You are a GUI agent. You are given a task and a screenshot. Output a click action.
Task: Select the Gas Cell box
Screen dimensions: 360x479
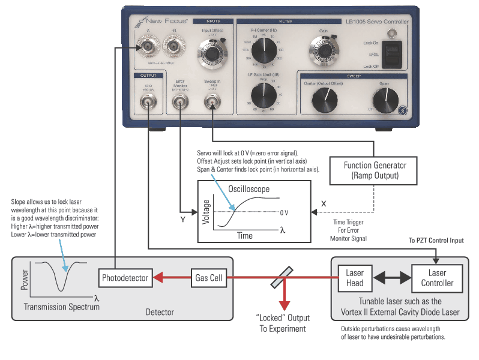point(209,278)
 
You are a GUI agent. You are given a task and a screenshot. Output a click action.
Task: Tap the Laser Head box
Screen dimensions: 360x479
point(355,278)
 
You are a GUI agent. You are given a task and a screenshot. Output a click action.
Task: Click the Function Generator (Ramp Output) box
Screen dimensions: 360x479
point(375,170)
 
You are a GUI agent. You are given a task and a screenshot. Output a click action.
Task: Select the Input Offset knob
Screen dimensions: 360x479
point(212,55)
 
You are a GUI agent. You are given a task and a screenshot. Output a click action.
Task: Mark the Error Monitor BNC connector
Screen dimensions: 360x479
point(179,104)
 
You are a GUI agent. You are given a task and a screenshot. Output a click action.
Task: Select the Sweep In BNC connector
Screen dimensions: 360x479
point(211,104)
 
